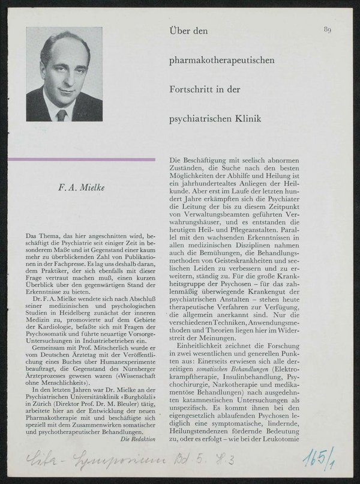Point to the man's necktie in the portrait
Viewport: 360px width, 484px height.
click(61, 113)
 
